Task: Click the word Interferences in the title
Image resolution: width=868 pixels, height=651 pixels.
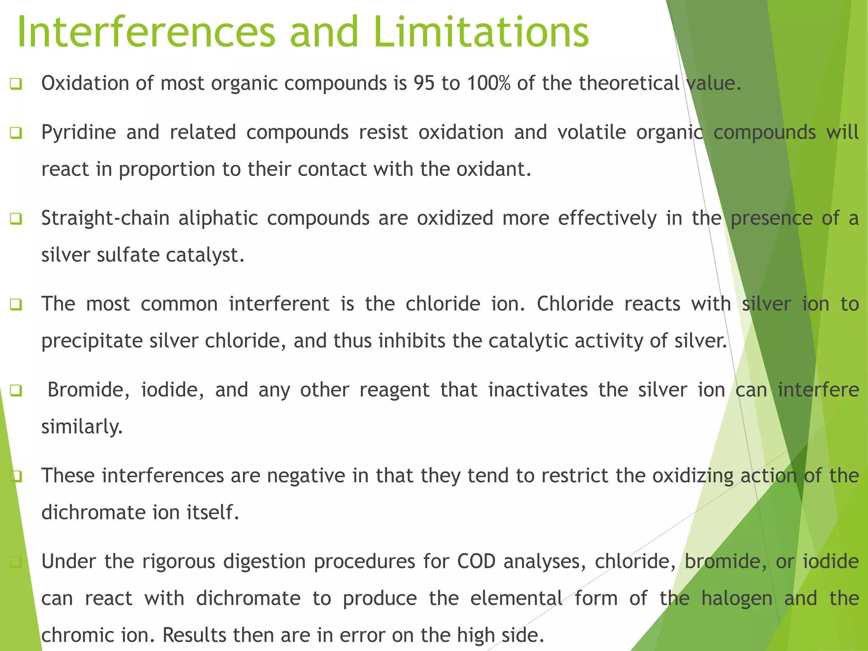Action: coord(146,32)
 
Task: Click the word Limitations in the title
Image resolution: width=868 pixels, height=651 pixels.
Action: coord(481,32)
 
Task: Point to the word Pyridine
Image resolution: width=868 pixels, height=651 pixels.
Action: coord(78,132)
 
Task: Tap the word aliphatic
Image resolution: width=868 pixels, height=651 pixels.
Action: coord(218,218)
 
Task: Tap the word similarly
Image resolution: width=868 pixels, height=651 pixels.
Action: coord(81,427)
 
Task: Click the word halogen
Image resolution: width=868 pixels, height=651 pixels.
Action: coord(737,598)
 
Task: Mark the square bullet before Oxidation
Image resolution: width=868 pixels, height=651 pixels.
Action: coord(16,84)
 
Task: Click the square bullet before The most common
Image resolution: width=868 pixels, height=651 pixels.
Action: coord(16,305)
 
